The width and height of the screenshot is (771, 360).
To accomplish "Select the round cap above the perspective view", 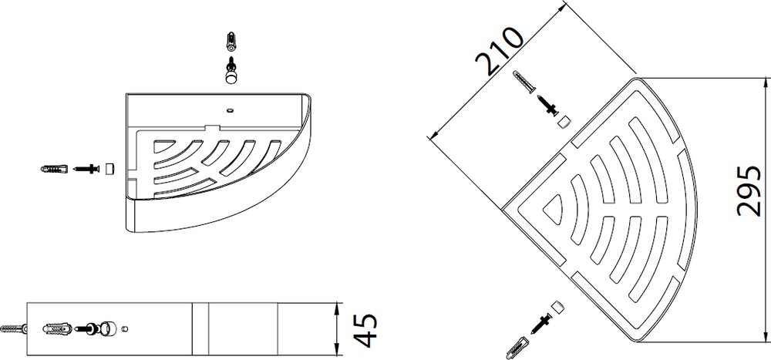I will tap(230, 76).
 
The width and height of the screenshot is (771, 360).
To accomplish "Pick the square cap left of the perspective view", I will tap(109, 168).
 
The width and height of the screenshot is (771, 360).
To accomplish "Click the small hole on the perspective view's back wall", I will tap(228, 109).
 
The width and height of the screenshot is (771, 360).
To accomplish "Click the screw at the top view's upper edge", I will tap(547, 103).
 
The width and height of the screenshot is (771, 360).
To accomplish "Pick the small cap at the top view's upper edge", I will tap(564, 119).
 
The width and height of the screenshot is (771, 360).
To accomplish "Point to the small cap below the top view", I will tap(560, 305).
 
